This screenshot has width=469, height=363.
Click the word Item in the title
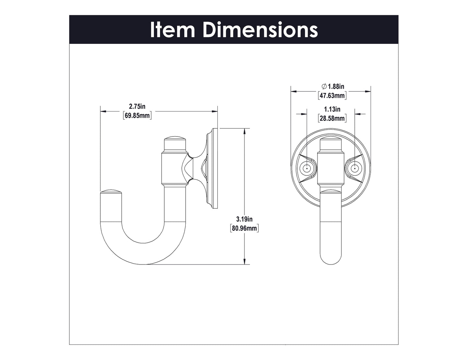pos(172,30)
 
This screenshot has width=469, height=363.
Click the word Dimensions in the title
pos(260,30)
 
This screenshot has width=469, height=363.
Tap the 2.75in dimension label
pos(137,106)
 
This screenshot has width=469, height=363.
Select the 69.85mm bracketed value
pos(137,115)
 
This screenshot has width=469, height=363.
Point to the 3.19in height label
pos(244,219)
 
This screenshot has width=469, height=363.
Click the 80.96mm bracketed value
pos(244,228)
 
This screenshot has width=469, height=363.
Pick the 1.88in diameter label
pos(336,86)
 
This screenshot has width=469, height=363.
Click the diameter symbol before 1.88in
pos(324,86)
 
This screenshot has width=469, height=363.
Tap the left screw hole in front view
pos(306,169)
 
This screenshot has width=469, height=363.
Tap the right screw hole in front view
pos(355,169)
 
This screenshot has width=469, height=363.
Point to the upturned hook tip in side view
pos(111,195)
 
